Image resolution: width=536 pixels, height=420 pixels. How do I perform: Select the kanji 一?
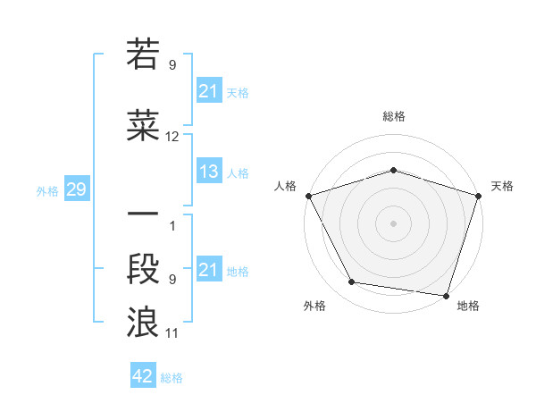pos(143,216)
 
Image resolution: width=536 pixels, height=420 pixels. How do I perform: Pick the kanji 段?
pos(143,270)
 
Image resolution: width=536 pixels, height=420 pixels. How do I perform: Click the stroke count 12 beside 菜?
pos(172,137)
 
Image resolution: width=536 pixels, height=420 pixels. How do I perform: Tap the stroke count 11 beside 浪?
pos(172,333)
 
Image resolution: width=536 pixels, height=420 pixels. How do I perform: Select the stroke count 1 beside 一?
pos(172,226)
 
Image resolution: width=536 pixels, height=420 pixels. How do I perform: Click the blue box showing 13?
pos(209,172)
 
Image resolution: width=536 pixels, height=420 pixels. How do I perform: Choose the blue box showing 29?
pos(76,189)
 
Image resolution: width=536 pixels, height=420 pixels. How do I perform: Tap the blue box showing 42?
pos(143,377)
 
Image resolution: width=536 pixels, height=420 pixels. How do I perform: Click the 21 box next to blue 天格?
pos(209,91)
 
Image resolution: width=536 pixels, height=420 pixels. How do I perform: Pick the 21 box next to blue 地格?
pos(209,270)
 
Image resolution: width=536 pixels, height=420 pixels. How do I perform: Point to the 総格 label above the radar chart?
pos(394,116)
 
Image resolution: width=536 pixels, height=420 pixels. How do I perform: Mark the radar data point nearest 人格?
pos(308,195)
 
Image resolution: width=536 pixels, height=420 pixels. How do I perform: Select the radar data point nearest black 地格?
pos(446,295)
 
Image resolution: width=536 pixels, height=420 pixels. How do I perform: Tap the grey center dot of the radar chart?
pos(394,223)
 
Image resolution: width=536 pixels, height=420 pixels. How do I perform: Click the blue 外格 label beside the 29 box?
pos(47,190)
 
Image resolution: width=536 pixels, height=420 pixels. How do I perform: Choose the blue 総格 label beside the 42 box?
pos(172,378)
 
